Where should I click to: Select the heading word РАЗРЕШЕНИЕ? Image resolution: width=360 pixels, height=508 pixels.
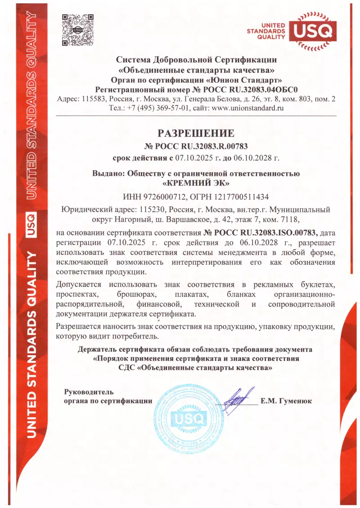196,133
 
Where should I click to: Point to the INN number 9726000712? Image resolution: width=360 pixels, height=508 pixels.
161,196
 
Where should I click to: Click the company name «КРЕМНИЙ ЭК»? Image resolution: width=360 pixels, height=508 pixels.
196,183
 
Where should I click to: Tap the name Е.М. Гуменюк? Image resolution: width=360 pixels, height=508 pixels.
286,401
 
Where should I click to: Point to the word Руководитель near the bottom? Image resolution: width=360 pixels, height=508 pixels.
89,392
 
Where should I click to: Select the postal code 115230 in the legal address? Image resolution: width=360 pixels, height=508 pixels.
152,209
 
